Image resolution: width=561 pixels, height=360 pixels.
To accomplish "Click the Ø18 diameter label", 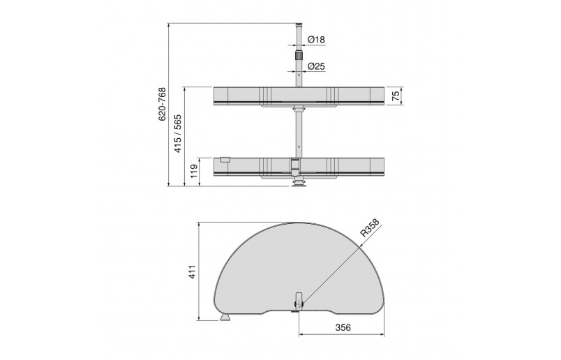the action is tap(316, 39).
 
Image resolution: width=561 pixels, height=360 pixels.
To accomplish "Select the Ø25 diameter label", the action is tap(316, 66).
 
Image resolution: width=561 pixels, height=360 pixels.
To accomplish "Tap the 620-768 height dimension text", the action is tap(162, 104).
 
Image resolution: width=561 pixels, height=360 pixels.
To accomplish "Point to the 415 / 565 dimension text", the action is tap(178, 133).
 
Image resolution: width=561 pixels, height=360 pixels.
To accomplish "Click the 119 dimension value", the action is tap(194, 172).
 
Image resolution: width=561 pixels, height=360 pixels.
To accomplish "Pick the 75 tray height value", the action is tap(396, 96).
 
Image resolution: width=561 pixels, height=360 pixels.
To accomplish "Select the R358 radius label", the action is tap(369, 228).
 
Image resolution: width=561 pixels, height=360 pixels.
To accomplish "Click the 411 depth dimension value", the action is tap(192, 272).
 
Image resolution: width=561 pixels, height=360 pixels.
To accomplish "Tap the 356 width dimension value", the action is tap(343, 327).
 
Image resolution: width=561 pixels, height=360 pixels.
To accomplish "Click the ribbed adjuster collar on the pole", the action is tap(299, 56).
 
